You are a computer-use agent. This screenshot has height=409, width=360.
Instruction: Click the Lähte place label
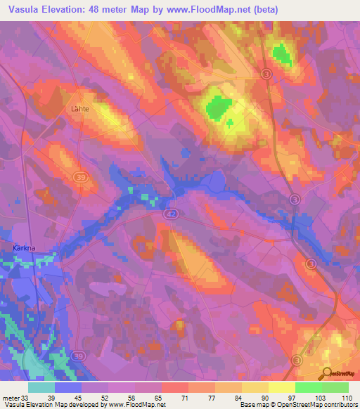click(x=82, y=109)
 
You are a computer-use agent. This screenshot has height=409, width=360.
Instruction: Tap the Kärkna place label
click(x=25, y=247)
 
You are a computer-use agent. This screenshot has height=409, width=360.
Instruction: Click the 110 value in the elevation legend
click(x=347, y=397)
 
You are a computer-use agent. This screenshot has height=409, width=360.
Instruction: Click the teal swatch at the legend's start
click(x=41, y=387)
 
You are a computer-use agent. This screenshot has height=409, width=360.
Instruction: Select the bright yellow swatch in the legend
click(x=281, y=387)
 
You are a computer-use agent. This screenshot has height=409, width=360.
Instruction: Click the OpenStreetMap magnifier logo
click(x=327, y=375)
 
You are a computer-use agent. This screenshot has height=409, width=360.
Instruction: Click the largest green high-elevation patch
click(x=217, y=106)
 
